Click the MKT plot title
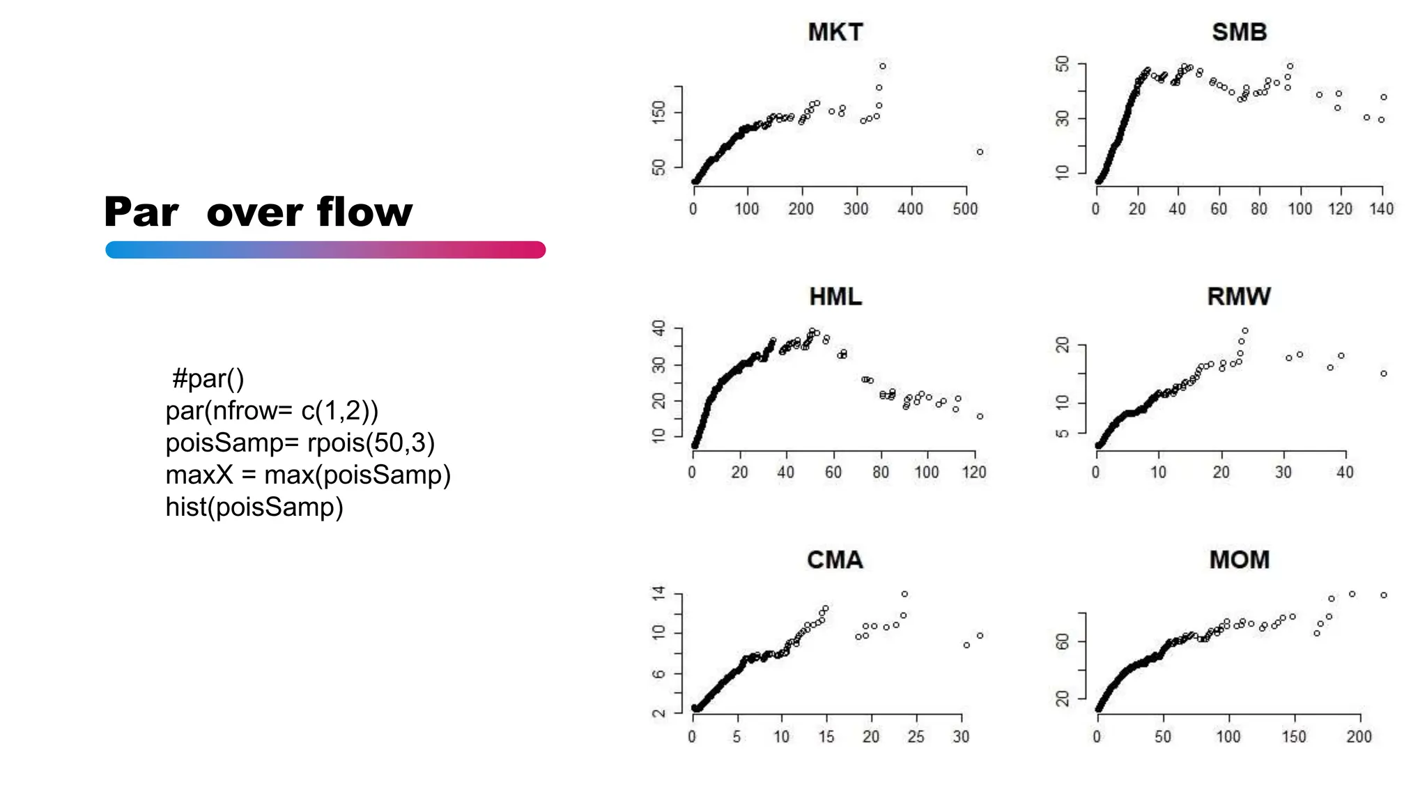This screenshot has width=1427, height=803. (835, 32)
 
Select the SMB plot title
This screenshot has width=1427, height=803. (1239, 32)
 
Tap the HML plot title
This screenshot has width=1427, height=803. (835, 297)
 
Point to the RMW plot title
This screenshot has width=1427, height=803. (1239, 297)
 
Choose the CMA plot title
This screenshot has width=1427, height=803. (835, 560)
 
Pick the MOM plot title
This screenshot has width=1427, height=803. (1239, 560)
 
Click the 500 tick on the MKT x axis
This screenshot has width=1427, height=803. (965, 208)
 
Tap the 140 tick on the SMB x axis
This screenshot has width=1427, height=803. (1381, 208)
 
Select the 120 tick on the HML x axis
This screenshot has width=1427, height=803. (973, 472)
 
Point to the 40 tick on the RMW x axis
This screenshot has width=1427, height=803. (1345, 472)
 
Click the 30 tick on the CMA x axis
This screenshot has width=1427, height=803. (961, 736)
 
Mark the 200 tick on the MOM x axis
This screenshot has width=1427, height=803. (1359, 736)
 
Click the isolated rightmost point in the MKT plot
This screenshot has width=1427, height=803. (980, 152)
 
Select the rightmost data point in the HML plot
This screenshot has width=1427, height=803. (980, 416)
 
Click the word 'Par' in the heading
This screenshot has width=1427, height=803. (141, 212)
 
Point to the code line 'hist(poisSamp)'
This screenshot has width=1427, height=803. (254, 507)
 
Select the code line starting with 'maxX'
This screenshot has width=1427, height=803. (308, 475)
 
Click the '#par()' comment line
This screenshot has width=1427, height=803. (208, 378)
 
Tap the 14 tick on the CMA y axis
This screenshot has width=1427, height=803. (658, 594)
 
